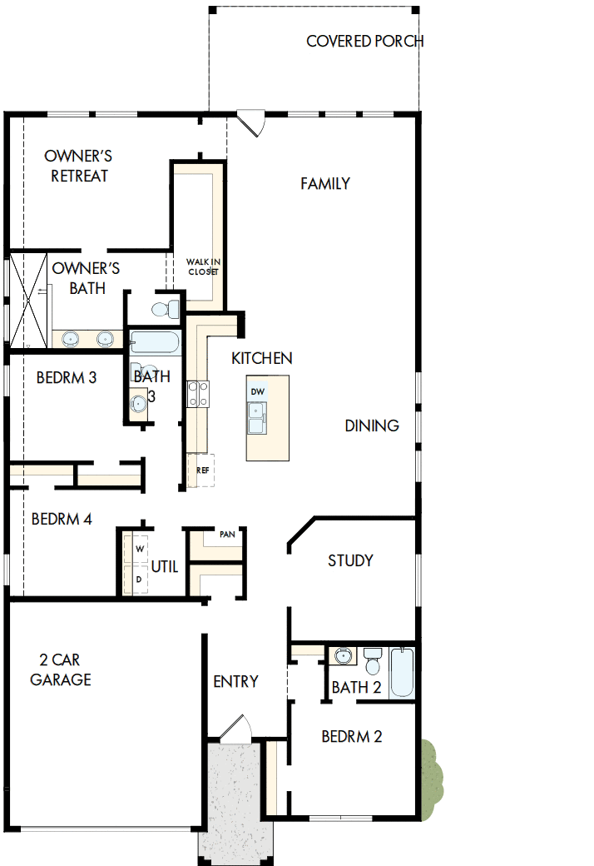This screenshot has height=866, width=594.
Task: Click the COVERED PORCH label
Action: tap(364, 41)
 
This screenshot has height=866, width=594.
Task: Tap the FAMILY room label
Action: tap(325, 183)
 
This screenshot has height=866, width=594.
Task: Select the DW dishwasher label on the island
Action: tap(258, 391)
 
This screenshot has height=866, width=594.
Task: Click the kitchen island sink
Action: tap(256, 417)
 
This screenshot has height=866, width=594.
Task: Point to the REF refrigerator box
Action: tap(201, 470)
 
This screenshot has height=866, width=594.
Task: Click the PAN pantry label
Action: tap(226, 535)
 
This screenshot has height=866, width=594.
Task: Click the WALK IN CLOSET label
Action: tap(203, 266)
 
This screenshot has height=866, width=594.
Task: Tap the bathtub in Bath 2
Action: tap(402, 673)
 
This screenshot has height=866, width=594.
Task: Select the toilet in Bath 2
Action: tap(372, 662)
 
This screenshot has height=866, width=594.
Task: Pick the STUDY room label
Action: tap(350, 560)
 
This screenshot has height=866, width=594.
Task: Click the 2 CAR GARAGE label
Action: tap(61, 669)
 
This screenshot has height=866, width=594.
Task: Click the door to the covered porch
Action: tap(250, 123)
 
